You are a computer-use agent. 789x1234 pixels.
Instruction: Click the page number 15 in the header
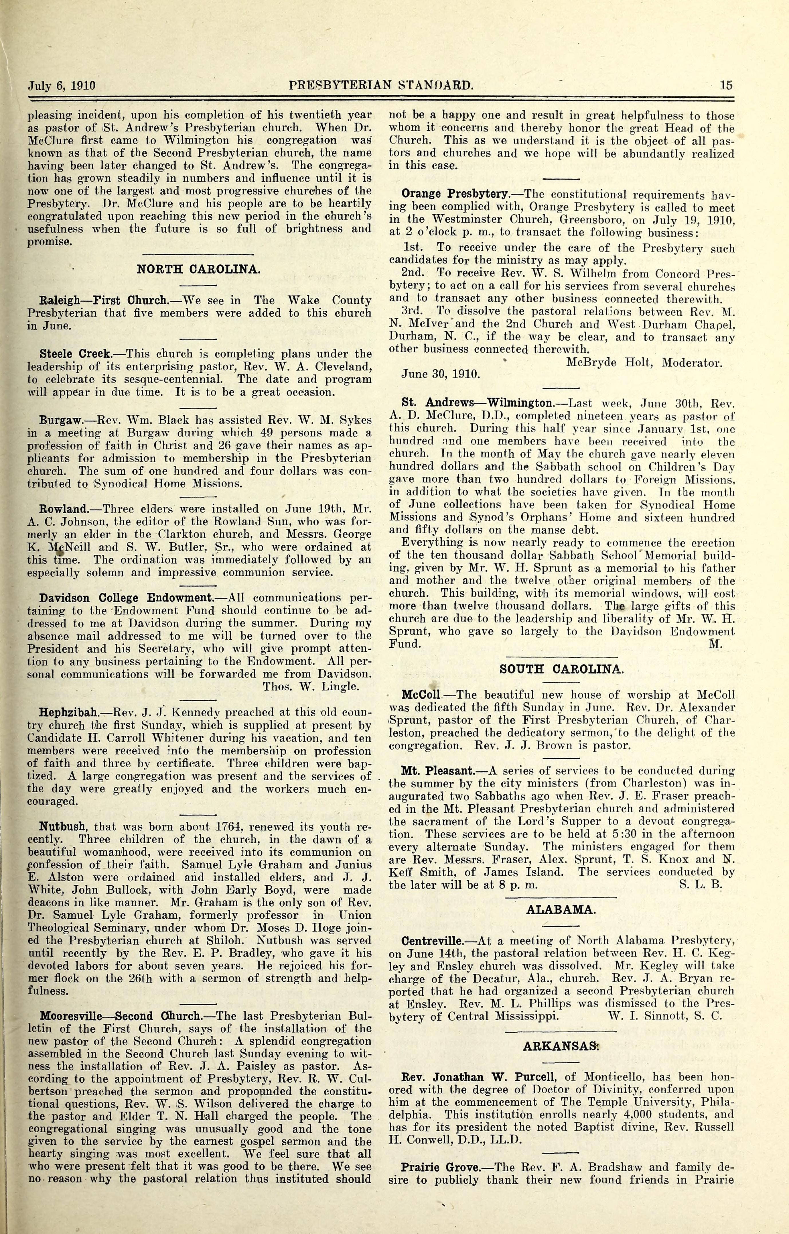726,86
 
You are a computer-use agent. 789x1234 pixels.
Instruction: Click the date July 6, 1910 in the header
62,86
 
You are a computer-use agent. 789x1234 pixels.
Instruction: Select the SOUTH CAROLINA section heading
561,669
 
